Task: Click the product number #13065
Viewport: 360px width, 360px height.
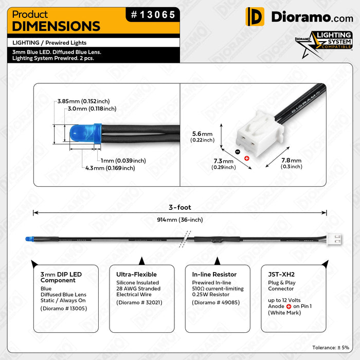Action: pyautogui.click(x=153, y=15)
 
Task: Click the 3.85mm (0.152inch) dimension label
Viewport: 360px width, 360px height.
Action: pyautogui.click(x=83, y=101)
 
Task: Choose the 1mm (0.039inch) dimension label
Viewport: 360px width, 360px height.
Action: pyautogui.click(x=123, y=160)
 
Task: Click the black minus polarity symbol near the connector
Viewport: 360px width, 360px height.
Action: pyautogui.click(x=237, y=152)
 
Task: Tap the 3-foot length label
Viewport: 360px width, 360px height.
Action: pyautogui.click(x=180, y=207)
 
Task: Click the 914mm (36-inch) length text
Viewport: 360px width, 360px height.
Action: pyautogui.click(x=180, y=220)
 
